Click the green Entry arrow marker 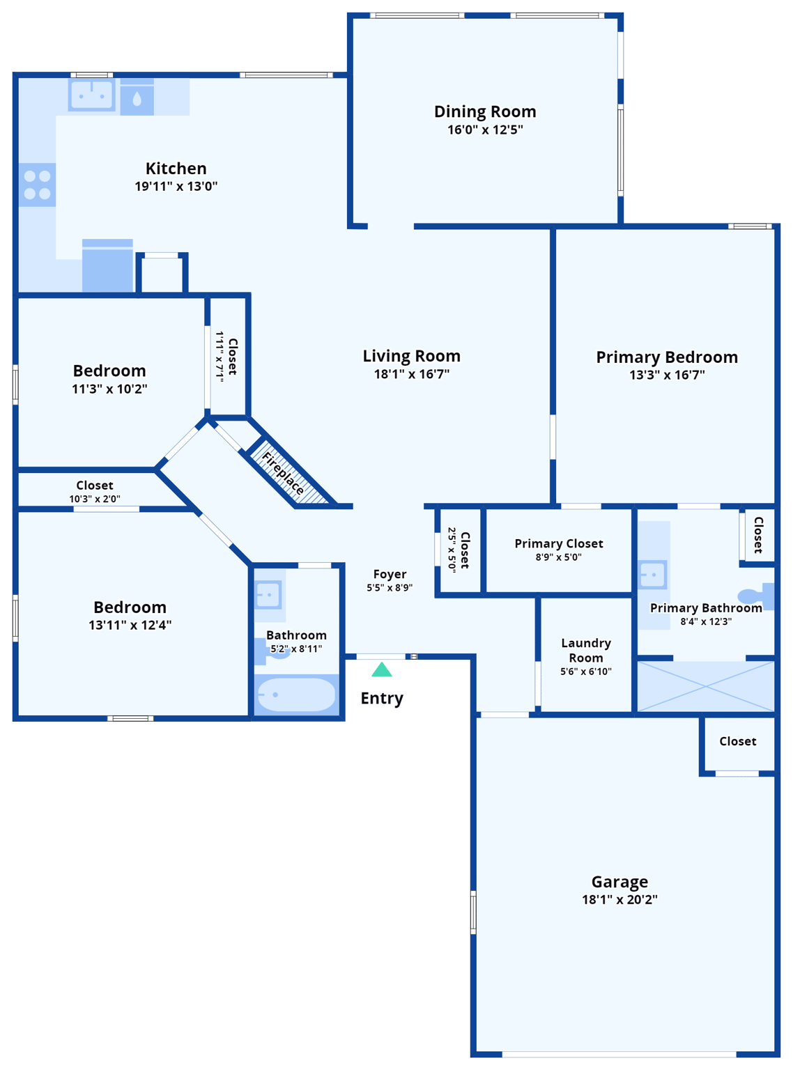[x=381, y=670]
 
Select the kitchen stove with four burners [x=37, y=185]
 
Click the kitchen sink [x=91, y=95]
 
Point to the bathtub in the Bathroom [x=296, y=695]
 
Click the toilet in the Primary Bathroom [x=755, y=596]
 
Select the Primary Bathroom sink [x=653, y=575]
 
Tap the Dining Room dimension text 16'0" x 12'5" [x=485, y=130]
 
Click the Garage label [x=619, y=882]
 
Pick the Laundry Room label [x=586, y=650]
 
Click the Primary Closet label [x=559, y=543]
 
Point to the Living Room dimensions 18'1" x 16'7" [x=411, y=374]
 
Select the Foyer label [x=390, y=574]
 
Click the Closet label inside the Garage [x=737, y=741]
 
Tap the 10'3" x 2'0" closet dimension [x=95, y=499]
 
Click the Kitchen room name [x=176, y=169]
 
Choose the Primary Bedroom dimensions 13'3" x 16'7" [x=667, y=375]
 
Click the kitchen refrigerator [x=107, y=266]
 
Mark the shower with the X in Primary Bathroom [x=706, y=686]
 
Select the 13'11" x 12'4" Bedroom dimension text [x=130, y=625]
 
